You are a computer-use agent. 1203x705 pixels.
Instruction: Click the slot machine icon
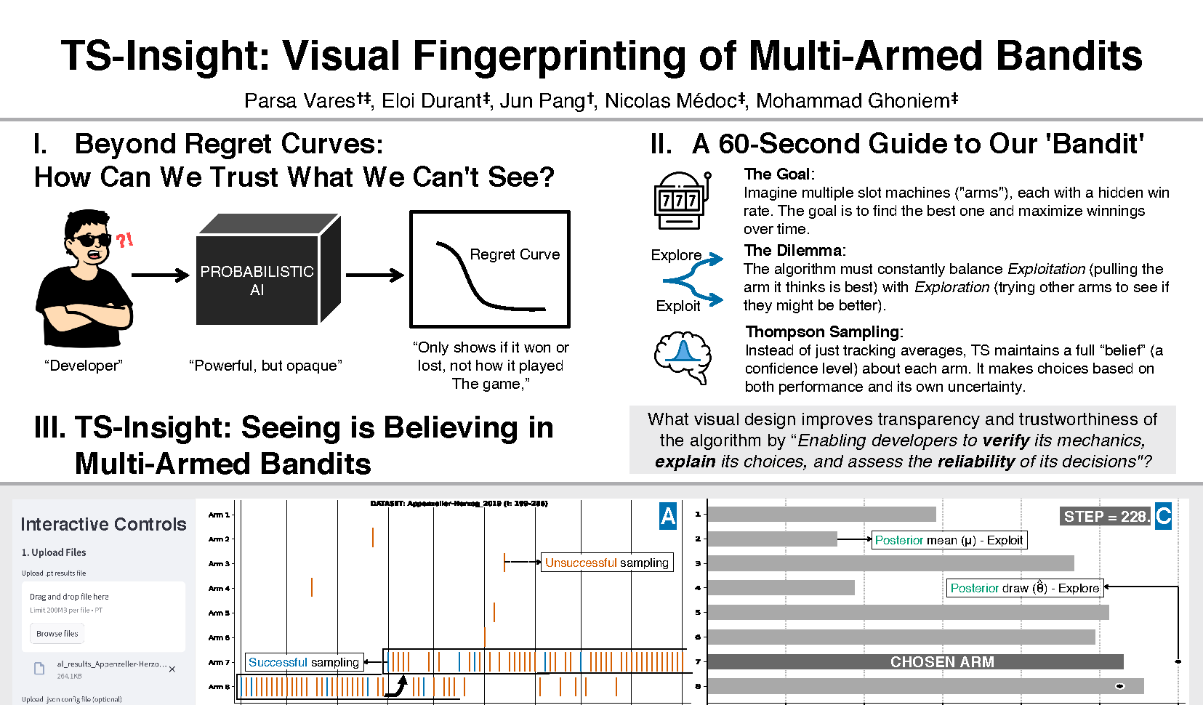[x=682, y=200]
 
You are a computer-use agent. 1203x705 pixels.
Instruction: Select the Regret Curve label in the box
[x=515, y=254]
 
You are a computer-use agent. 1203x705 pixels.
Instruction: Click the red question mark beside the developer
[x=124, y=239]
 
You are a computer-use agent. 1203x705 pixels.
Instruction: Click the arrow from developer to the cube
[x=160, y=275]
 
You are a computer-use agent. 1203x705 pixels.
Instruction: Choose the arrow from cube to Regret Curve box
[x=374, y=275]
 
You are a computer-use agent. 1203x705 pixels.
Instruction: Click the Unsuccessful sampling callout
[x=606, y=563]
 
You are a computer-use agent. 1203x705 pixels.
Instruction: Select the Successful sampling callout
[x=303, y=662]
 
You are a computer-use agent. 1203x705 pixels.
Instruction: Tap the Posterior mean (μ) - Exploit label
[x=949, y=540]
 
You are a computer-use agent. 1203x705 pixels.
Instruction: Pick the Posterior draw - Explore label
[x=1024, y=588]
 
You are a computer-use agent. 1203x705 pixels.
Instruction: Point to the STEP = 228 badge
[x=1105, y=516]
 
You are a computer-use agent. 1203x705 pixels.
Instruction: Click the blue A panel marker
[x=668, y=516]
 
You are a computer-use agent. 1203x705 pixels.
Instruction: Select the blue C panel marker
[x=1163, y=516]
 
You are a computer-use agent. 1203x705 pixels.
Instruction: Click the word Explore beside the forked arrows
[x=676, y=255]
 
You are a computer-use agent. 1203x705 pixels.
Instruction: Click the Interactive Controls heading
[x=103, y=524]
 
